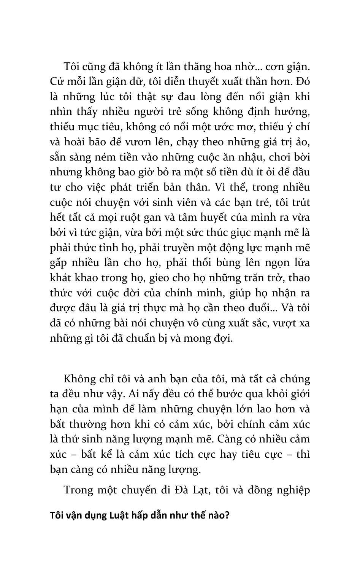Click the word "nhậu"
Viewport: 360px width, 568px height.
(241, 157)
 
